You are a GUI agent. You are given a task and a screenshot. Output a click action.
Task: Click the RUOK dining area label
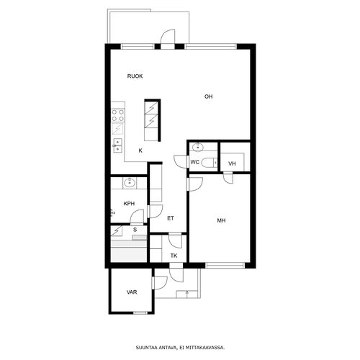coord(135,76)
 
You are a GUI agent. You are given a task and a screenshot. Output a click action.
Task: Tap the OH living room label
coord(208,96)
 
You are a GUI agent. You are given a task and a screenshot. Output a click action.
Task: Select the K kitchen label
coord(140,150)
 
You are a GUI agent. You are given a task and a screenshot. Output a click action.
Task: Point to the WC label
coord(194,162)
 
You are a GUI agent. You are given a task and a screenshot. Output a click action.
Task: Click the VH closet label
coord(232,163)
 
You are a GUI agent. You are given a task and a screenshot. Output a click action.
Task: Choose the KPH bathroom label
coord(129,204)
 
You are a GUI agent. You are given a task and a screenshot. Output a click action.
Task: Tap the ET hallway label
coord(171,218)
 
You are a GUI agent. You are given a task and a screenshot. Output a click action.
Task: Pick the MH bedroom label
coord(221,220)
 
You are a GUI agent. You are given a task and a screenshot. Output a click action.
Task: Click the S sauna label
coord(135,230)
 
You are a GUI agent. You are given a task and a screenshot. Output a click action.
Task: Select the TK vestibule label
coord(174,256)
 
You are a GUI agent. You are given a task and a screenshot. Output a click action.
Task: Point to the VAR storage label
coord(132,292)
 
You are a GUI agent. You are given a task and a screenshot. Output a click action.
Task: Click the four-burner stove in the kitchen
coord(118,115)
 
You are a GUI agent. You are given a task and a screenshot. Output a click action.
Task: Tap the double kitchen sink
coord(117,145)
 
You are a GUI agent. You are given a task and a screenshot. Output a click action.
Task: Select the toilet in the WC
coord(209,163)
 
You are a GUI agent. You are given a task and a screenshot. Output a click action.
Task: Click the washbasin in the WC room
coord(198,147)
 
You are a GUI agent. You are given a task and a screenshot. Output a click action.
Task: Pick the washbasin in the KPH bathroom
coord(130,183)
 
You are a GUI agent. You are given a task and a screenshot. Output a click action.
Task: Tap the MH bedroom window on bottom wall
coord(225,266)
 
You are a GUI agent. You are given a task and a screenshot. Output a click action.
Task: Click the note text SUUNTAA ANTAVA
coord(157,347)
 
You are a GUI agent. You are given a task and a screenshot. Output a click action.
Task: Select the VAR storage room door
coord(160,283)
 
